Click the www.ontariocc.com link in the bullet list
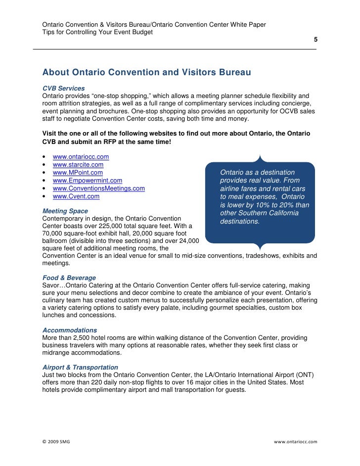[x=81, y=157]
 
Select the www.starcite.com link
[x=78, y=165]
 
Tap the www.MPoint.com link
[x=78, y=173]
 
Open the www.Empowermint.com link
[x=87, y=181]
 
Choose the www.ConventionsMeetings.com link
[x=98, y=188]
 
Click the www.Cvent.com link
[x=76, y=196]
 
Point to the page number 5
[x=315, y=40]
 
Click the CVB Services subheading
[x=63, y=88]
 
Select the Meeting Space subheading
[x=65, y=211]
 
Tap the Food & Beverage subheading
[x=69, y=278]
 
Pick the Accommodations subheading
[x=70, y=330]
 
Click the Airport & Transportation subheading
[x=80, y=368]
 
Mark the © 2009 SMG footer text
[x=56, y=441]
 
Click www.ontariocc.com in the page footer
[x=295, y=441]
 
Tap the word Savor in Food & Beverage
[x=51, y=285]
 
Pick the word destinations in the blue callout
[x=240, y=221]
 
